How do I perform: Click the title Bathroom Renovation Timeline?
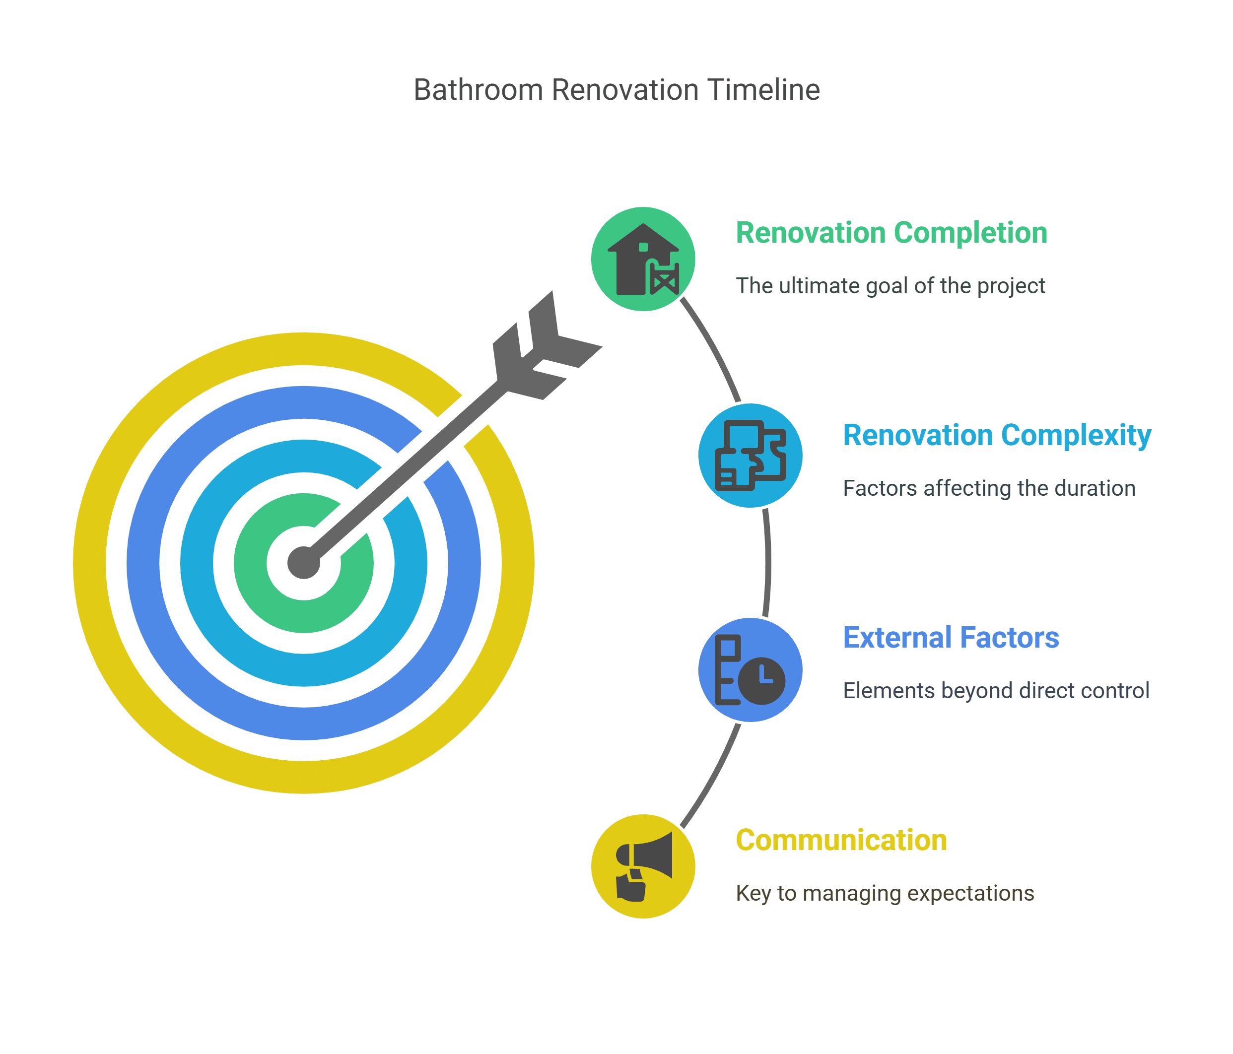coord(616,90)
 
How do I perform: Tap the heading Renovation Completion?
coord(891,233)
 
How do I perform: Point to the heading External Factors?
coord(951,638)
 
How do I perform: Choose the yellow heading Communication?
coord(841,841)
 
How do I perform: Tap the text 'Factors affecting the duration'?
coord(989,488)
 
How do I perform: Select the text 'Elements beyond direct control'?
coord(996,691)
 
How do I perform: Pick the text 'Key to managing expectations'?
coord(885,893)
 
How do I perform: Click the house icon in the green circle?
coord(643,260)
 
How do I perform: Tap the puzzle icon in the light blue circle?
coord(750,456)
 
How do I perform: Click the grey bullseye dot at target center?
coord(303,562)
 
